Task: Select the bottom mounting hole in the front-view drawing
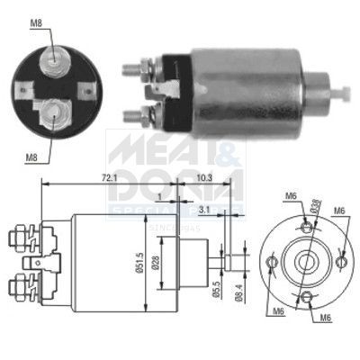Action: [307, 298]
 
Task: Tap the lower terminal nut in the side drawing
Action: [19, 288]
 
